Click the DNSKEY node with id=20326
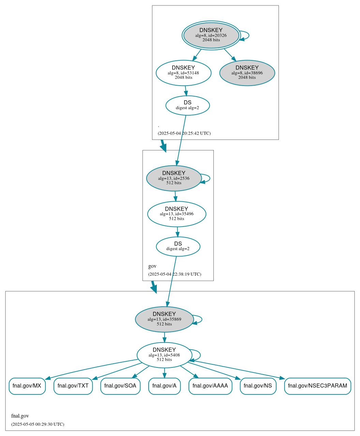click(211, 35)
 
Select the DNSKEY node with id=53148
click(183, 73)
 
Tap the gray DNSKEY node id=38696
click(247, 73)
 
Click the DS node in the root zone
click(187, 105)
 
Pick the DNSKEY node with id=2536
click(174, 178)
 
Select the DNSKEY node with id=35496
click(177, 214)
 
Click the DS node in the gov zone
click(178, 246)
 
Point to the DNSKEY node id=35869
click(164, 319)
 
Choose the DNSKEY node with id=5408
click(164, 355)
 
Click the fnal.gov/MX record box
click(27, 386)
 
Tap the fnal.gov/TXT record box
click(73, 386)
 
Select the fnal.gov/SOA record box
click(120, 386)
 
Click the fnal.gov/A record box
click(164, 386)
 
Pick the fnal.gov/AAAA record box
click(210, 386)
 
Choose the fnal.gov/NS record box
click(258, 386)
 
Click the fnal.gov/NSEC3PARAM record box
click(317, 386)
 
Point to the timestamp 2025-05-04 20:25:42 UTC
click(184, 133)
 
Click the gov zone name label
click(152, 266)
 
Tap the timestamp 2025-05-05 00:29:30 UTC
click(37, 424)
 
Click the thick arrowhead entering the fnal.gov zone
click(154, 289)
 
